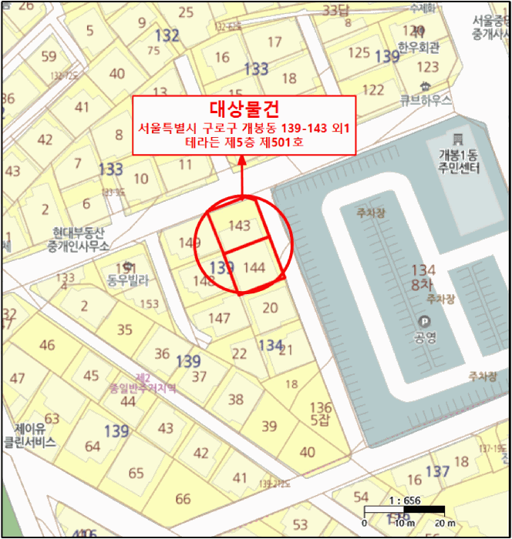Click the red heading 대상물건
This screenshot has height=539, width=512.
[x=243, y=109]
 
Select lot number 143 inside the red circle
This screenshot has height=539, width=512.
[x=241, y=226]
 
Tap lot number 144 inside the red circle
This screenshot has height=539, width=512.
[x=254, y=268]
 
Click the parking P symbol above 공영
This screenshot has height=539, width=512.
[x=423, y=322]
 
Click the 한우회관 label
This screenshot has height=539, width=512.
[x=419, y=48]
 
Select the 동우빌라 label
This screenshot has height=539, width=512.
[x=126, y=281]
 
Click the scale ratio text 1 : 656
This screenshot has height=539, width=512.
[x=404, y=500]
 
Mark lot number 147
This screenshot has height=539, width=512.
[x=219, y=318]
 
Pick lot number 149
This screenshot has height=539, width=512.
[x=190, y=243]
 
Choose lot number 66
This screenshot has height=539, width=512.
[x=183, y=499]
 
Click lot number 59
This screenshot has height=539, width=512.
[x=49, y=56]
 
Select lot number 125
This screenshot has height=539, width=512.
[x=359, y=52]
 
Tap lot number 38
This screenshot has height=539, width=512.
[x=235, y=400]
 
